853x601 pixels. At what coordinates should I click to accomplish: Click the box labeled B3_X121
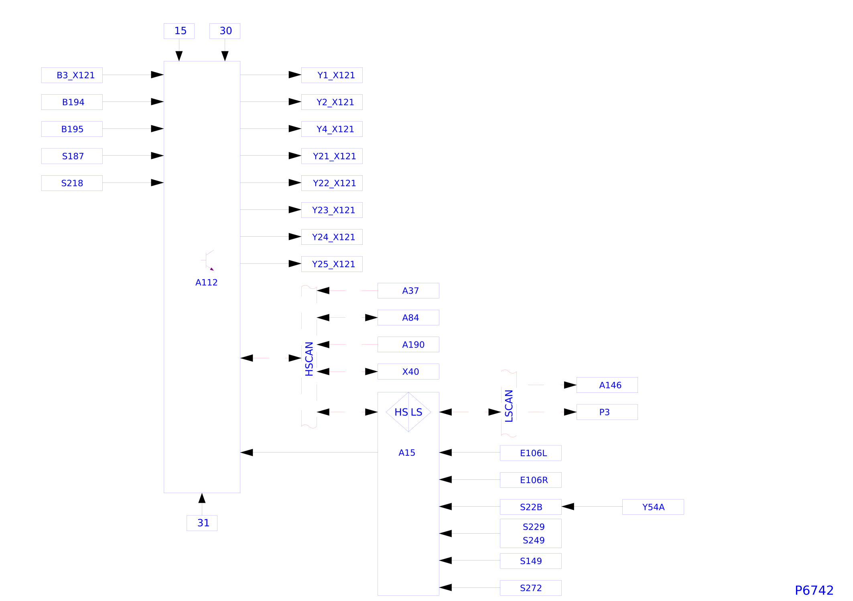point(72,75)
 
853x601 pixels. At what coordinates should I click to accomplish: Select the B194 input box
point(72,102)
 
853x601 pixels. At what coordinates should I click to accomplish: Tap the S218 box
point(72,183)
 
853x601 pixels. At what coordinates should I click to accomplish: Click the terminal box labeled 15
point(179,31)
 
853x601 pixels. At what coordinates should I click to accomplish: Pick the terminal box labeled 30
point(225,31)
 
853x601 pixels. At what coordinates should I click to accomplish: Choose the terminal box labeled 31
point(202,523)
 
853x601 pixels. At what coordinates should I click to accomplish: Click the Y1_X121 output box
point(332,75)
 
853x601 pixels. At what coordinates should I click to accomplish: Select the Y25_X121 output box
point(332,264)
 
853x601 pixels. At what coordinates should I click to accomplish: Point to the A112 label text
point(206,282)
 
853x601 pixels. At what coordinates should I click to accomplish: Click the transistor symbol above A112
point(208,260)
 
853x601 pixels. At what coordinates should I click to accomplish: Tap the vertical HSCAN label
point(309,359)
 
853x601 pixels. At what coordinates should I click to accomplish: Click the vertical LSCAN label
point(509,406)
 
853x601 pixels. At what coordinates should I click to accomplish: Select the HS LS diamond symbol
point(408,412)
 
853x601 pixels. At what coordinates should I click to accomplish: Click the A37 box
point(408,290)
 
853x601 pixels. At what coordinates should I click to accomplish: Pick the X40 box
point(408,372)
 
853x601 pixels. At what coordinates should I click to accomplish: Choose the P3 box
point(607,412)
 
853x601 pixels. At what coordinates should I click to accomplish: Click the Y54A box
point(653,507)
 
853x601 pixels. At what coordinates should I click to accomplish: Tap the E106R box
point(530,480)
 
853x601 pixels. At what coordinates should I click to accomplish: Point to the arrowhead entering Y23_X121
point(295,209)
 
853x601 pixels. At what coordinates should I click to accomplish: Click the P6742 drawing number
point(814,590)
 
